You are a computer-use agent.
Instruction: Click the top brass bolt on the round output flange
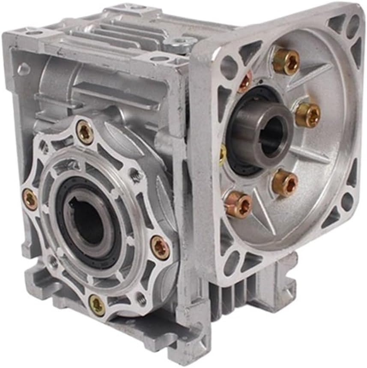(85, 132)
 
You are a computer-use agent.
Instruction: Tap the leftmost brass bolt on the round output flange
(30, 199)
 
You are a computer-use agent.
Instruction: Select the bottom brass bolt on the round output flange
(97, 305)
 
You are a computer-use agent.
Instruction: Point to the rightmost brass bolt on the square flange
(307, 114)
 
